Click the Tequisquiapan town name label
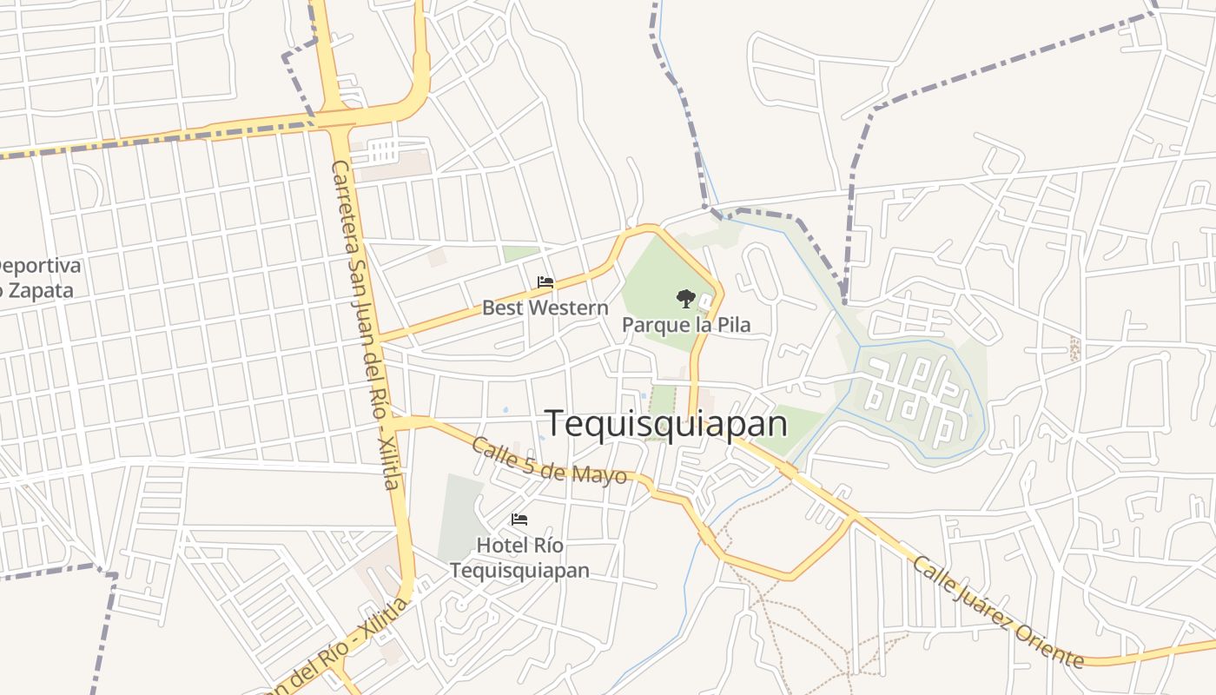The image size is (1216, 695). [666, 424]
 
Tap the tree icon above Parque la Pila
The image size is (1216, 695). [685, 299]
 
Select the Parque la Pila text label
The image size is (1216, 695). [685, 325]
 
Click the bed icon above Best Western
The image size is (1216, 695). [545, 282]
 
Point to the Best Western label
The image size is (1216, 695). [545, 308]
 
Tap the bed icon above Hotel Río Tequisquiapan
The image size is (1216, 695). [519, 520]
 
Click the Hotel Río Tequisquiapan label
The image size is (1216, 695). [519, 558]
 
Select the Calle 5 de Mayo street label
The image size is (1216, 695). [549, 460]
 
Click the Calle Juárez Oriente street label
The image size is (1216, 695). [998, 612]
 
